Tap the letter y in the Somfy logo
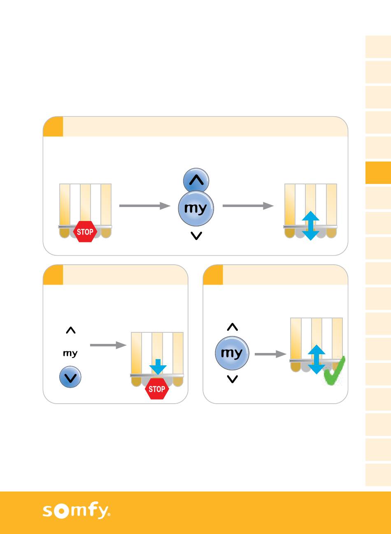pos(102,512)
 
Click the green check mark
pos(334,372)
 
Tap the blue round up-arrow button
pos(196,180)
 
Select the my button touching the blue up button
pos(196,209)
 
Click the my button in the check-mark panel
pos(232,353)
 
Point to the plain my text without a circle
pos(70,353)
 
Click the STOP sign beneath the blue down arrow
pos(157,389)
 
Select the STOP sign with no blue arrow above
pos(85,231)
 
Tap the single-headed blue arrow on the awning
pos(158,366)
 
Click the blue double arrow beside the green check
pos(316,359)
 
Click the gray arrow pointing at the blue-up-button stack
pos(144,205)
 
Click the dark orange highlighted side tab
pos(378,173)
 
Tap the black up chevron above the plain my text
pos(71,330)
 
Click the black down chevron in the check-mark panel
pos(233,379)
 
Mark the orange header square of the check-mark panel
pos(213,275)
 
